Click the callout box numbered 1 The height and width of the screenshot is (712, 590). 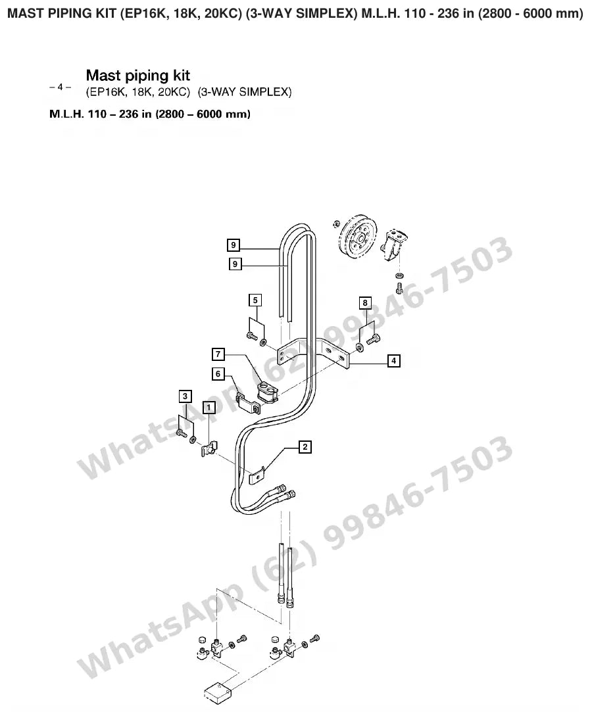[209, 408]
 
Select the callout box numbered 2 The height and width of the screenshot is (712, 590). [305, 447]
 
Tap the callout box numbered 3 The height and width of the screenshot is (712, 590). [185, 396]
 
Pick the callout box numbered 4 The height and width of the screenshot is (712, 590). [394, 360]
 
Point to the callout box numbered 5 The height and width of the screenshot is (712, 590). [255, 300]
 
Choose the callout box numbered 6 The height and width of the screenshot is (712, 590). [218, 373]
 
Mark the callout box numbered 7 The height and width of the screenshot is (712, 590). [218, 354]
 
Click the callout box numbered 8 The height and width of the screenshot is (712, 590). [364, 303]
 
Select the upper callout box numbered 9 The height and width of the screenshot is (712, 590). [234, 245]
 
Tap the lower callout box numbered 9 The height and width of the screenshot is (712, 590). [235, 264]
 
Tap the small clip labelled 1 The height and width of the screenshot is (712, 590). [209, 448]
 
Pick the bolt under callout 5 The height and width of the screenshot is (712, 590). [251, 336]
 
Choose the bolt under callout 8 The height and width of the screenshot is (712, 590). [374, 339]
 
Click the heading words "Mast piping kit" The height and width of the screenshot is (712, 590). [138, 75]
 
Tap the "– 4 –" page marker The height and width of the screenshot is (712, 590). [60, 86]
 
